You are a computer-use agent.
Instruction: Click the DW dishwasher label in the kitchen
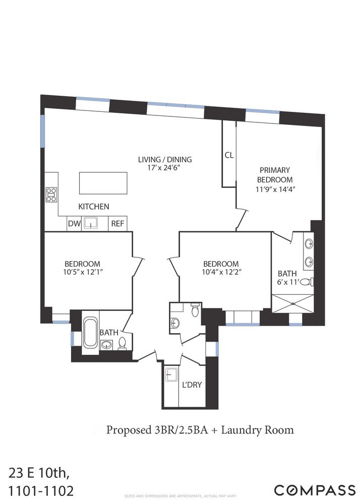pos(74,223)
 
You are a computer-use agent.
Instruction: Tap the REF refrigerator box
pos(117,223)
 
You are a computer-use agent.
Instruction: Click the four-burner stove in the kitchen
pos(51,195)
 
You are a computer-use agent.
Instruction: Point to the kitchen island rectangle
pos(103,183)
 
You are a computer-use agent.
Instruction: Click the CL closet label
pos(229,155)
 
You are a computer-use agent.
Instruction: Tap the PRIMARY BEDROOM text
pos(274,175)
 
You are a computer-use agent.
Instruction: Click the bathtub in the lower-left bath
pos(90,332)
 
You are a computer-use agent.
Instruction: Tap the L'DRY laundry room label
pos(192,385)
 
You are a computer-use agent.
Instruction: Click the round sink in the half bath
pos(175,323)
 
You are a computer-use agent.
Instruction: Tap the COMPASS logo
pos(314,489)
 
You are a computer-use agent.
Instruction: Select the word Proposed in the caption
pos(126,430)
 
